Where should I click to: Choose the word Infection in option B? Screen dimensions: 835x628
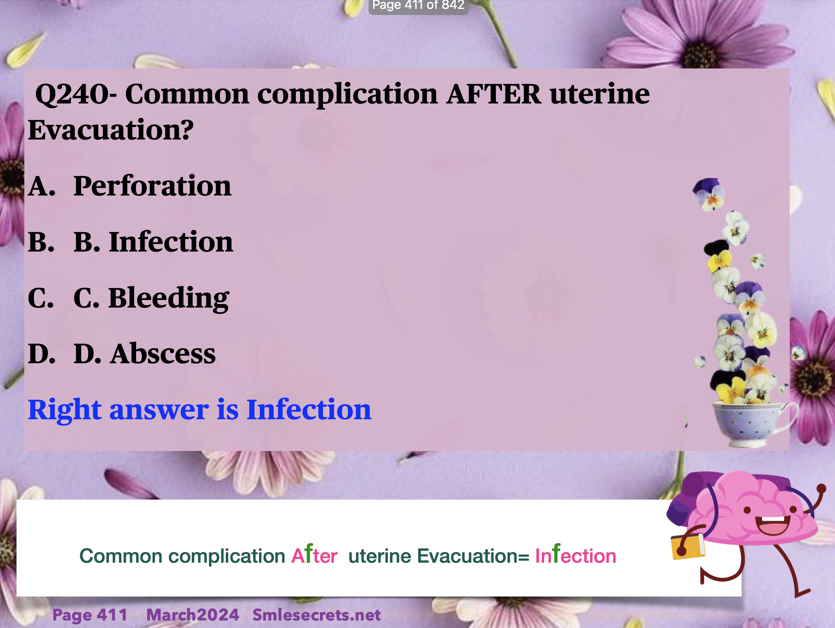[x=171, y=242]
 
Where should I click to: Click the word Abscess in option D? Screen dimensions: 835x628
[x=163, y=354]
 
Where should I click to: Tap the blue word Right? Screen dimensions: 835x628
[x=65, y=410]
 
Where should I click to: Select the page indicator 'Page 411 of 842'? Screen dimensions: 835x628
[x=418, y=6]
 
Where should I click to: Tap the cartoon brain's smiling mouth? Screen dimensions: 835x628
[x=772, y=525]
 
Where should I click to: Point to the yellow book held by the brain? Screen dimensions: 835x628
[x=688, y=546]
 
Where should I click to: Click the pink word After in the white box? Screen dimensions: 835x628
[x=314, y=554]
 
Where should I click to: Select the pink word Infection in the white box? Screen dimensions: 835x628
[x=576, y=554]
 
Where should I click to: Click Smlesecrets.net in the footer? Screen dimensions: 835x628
[x=316, y=615]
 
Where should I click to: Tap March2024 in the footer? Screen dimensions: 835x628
[x=192, y=615]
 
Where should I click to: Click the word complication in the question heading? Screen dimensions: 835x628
[x=347, y=94]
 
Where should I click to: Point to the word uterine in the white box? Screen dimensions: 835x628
[x=380, y=556]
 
